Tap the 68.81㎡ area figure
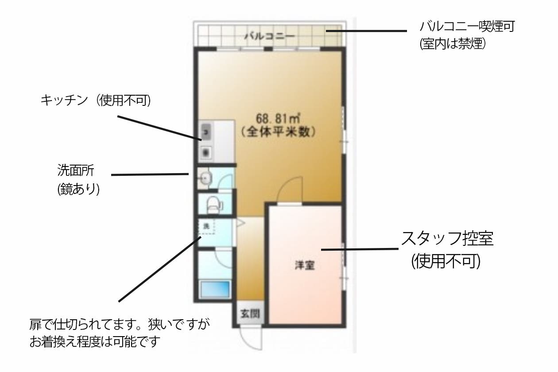278,119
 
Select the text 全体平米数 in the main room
279,132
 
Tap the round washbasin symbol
205,178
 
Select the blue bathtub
216,290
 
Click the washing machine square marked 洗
206,226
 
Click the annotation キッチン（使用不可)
96,101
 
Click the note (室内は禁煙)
453,44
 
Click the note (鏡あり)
78,189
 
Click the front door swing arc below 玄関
250,339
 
